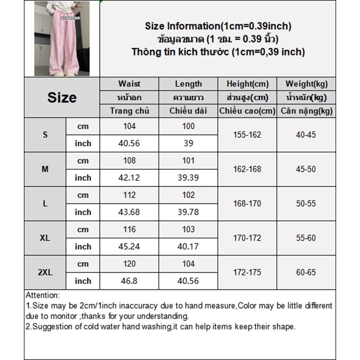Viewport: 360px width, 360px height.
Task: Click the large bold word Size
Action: (x=62, y=98)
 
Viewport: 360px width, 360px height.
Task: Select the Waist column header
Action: (x=129, y=84)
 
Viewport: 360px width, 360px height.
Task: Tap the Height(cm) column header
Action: (x=247, y=84)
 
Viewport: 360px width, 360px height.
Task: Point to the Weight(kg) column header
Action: (x=306, y=84)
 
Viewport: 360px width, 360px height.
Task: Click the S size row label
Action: (x=45, y=135)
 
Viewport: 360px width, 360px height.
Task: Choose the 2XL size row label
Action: (x=45, y=272)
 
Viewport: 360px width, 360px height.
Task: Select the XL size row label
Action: (x=45, y=238)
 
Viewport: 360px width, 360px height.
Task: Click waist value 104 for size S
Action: (x=129, y=126)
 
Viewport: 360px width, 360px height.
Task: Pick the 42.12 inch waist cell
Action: (x=129, y=178)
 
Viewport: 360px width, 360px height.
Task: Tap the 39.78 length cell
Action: (x=188, y=212)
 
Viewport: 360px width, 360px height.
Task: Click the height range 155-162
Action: (x=247, y=135)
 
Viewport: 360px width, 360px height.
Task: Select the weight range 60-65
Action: (x=306, y=272)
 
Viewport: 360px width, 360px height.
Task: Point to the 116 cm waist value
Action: (x=129, y=229)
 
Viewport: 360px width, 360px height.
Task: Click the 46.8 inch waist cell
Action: (x=129, y=281)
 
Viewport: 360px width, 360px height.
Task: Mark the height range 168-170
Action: (x=247, y=203)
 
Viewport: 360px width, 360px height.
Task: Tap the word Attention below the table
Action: (x=42, y=296)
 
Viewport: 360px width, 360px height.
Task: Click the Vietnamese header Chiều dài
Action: (x=188, y=111)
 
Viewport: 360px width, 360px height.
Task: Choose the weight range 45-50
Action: (x=306, y=169)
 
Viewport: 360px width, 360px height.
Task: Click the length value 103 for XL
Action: (x=188, y=229)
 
